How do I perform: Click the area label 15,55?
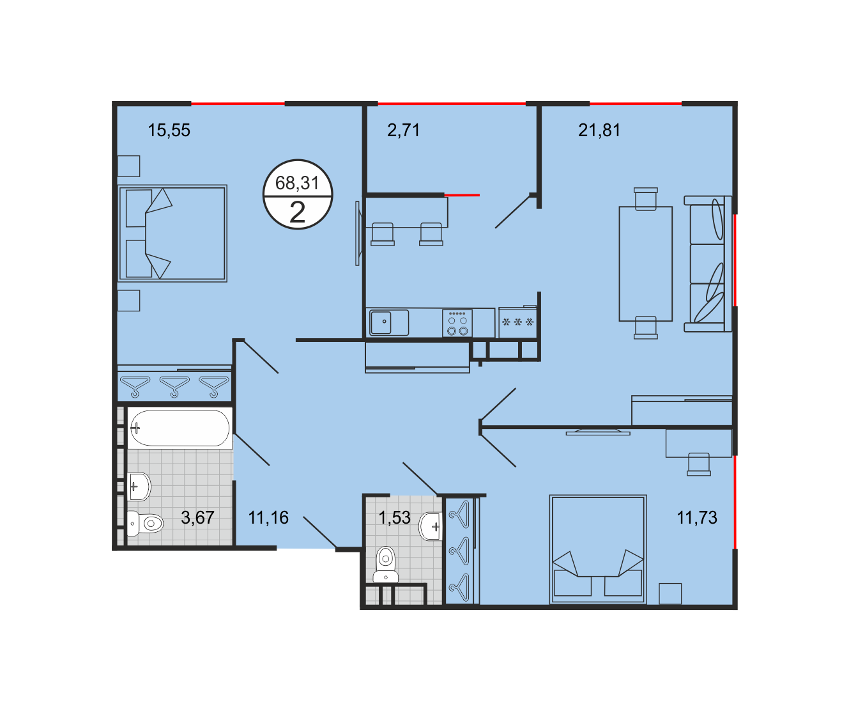pyautogui.click(x=169, y=130)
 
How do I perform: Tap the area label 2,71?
pyautogui.click(x=403, y=130)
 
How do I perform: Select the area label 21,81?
pyautogui.click(x=599, y=130)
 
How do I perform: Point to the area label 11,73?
pyautogui.click(x=697, y=518)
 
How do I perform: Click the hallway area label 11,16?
pyautogui.click(x=268, y=518)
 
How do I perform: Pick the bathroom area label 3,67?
pyautogui.click(x=197, y=518)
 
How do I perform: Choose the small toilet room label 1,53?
pyautogui.click(x=394, y=518)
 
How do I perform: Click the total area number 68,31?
pyautogui.click(x=297, y=183)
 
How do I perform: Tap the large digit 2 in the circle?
pyautogui.click(x=298, y=212)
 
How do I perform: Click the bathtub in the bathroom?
pyautogui.click(x=180, y=428)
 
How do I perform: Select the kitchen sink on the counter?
pyautogui.click(x=388, y=323)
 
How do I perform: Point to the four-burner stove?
pyautogui.click(x=457, y=323)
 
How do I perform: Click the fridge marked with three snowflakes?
pyautogui.click(x=517, y=322)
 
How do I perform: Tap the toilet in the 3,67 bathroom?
pyautogui.click(x=145, y=524)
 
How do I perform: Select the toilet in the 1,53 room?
pyautogui.click(x=386, y=565)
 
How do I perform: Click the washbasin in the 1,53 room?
pyautogui.click(x=430, y=526)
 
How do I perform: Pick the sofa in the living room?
pyautogui.click(x=708, y=263)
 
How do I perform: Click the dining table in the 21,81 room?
pyautogui.click(x=646, y=263)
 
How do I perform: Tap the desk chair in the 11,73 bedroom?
pyautogui.click(x=698, y=464)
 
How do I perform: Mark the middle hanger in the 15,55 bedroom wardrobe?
pyautogui.click(x=174, y=386)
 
